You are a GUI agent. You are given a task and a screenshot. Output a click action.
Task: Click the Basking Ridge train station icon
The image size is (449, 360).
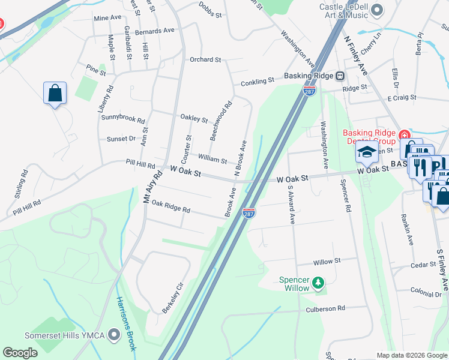coord(340,76)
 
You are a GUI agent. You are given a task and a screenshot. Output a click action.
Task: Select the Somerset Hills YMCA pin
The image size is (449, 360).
coord(114,335)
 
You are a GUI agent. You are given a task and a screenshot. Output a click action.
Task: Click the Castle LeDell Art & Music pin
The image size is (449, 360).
coord(377,10)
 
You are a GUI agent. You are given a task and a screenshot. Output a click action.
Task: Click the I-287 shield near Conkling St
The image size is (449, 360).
coord(310,91)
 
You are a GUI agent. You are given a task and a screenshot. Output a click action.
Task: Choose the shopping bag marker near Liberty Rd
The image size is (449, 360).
coord(55,94)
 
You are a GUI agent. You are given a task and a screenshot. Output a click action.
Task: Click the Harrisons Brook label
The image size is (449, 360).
coord(124,324)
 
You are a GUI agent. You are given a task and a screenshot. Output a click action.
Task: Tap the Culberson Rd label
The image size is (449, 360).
coord(326,308)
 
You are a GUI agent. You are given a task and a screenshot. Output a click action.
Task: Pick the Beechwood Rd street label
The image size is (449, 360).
coord(220,121)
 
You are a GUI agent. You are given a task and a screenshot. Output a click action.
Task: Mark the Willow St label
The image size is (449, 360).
coord(327,261)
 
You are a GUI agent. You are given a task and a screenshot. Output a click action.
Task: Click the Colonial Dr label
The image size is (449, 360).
coord(426,294)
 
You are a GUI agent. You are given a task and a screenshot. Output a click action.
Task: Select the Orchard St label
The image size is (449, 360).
coord(205,59)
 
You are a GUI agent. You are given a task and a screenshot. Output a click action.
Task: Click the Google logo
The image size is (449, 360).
coord(20,353)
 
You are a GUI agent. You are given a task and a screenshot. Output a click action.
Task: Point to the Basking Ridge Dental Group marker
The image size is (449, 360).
coord(404,134)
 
